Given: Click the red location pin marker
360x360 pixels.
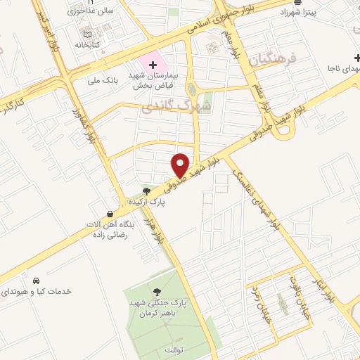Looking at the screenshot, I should coord(181,165).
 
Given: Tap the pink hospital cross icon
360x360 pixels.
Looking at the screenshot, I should coord(153,65).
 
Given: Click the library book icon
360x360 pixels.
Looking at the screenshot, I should coord(87,34).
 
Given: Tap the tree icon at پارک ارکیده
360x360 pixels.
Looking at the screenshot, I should coord(146,191).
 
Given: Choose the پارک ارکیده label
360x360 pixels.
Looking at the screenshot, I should coord(146,202).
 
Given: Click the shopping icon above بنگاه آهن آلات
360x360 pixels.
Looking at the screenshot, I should coord(110,214).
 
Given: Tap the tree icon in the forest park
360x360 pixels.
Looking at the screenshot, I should coord(156,291).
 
